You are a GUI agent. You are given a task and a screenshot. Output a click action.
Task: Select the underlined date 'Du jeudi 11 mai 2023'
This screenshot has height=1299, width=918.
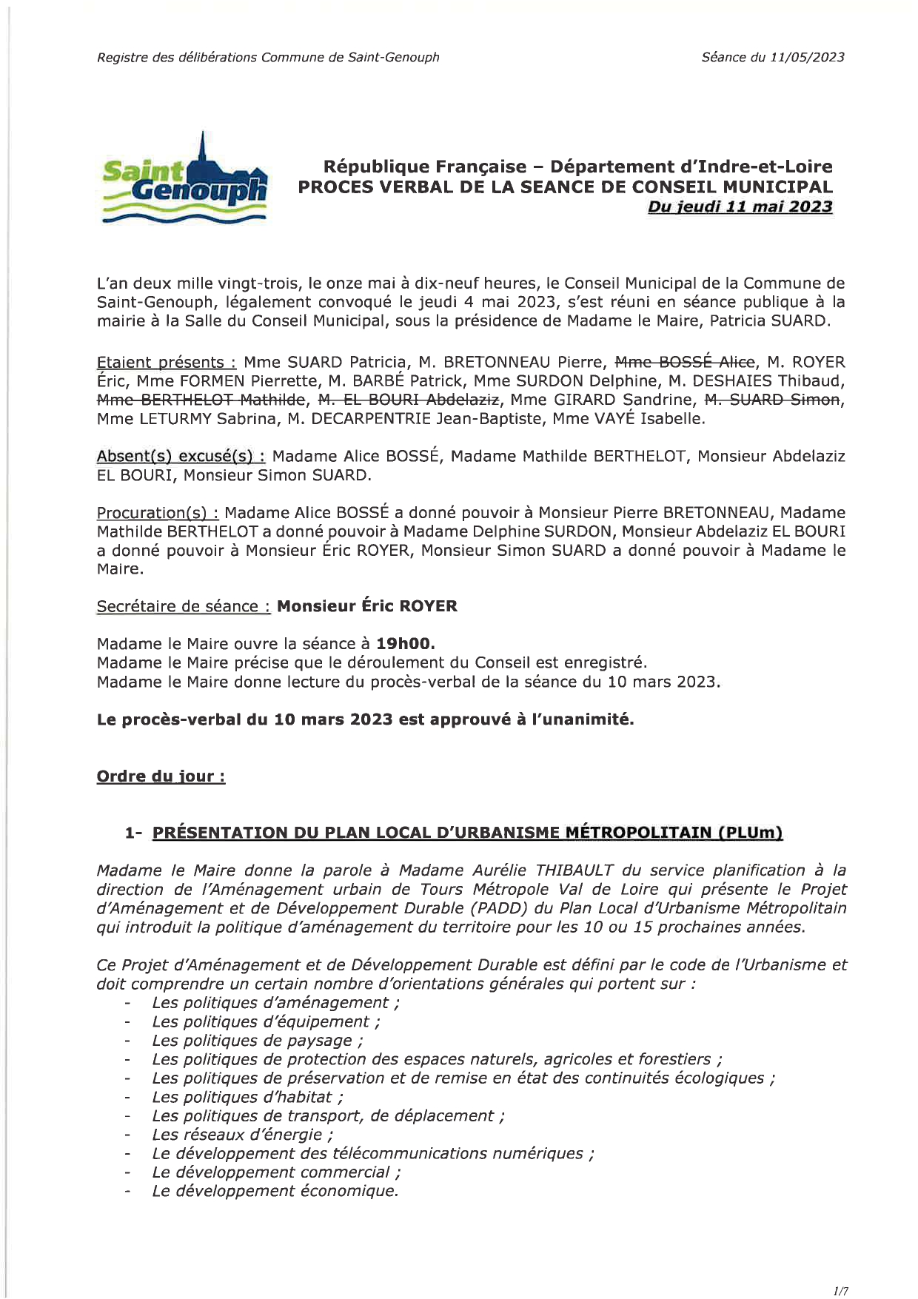[740, 207]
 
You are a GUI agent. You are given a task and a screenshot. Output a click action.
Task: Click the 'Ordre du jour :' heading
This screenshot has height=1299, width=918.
[161, 776]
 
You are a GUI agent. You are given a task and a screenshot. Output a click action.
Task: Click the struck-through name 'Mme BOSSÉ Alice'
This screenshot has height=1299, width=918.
[685, 362]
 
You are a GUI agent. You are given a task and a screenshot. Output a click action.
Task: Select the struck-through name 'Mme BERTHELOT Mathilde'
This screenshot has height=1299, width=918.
[201, 400]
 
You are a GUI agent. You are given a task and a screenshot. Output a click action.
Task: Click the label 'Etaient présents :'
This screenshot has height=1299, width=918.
[167, 363]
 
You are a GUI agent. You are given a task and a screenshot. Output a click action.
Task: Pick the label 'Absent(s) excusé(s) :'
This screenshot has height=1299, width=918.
[181, 457]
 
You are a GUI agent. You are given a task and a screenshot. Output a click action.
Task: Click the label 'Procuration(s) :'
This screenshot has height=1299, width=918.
[158, 513]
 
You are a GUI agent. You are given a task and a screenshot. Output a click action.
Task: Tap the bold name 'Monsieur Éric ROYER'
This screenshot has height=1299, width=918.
[366, 606]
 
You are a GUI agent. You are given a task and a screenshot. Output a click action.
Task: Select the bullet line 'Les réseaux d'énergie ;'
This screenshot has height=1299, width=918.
[243, 1135]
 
